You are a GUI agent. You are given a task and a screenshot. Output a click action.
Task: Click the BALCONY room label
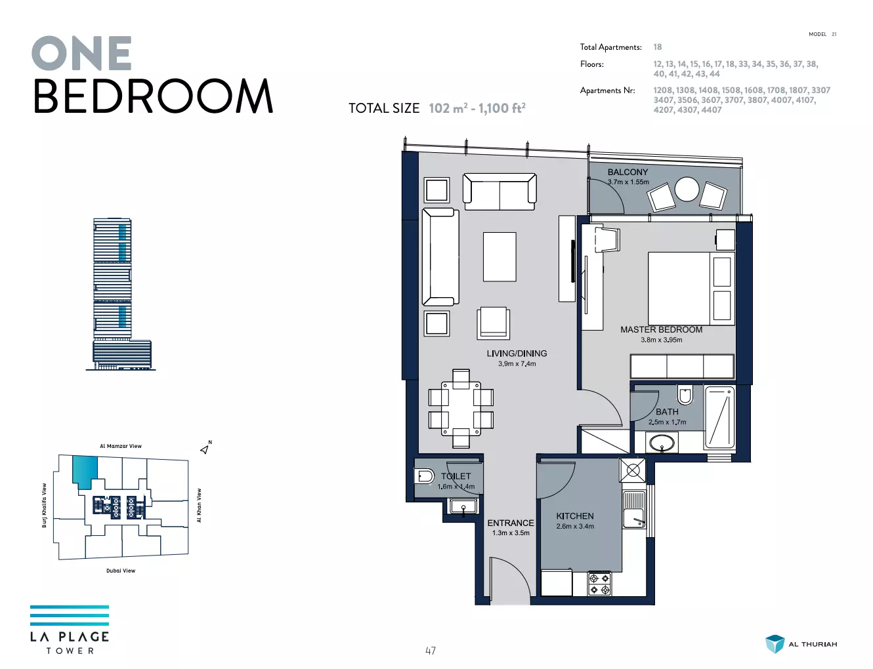(628, 172)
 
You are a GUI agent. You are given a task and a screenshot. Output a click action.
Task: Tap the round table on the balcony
(687, 189)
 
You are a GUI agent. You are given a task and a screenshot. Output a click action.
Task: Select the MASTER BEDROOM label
(661, 329)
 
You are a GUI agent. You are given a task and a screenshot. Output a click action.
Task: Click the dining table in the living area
(461, 409)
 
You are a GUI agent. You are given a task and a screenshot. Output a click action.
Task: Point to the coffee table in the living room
(500, 257)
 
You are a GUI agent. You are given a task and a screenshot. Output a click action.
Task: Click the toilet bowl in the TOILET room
(424, 477)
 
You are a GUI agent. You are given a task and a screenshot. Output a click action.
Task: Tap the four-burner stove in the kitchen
(599, 584)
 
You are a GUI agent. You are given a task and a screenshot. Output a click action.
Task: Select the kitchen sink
(634, 509)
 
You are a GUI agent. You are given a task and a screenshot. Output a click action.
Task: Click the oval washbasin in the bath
(662, 443)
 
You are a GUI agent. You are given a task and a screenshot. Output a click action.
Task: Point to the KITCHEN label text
(575, 516)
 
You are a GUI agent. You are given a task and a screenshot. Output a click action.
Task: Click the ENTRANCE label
(511, 523)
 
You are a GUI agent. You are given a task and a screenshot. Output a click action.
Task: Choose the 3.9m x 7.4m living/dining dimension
(517, 364)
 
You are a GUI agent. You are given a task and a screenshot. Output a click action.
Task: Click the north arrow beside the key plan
(205, 449)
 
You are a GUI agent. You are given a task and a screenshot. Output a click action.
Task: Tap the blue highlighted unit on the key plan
(85, 471)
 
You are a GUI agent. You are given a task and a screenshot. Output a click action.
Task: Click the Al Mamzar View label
(121, 446)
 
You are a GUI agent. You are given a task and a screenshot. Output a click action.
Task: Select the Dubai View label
(121, 571)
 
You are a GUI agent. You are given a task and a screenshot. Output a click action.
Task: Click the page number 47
(431, 651)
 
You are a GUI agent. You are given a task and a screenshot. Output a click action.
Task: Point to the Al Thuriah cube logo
(775, 645)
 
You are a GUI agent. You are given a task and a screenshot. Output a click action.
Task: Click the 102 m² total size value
(448, 108)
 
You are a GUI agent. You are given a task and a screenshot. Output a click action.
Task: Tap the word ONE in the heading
(81, 53)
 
